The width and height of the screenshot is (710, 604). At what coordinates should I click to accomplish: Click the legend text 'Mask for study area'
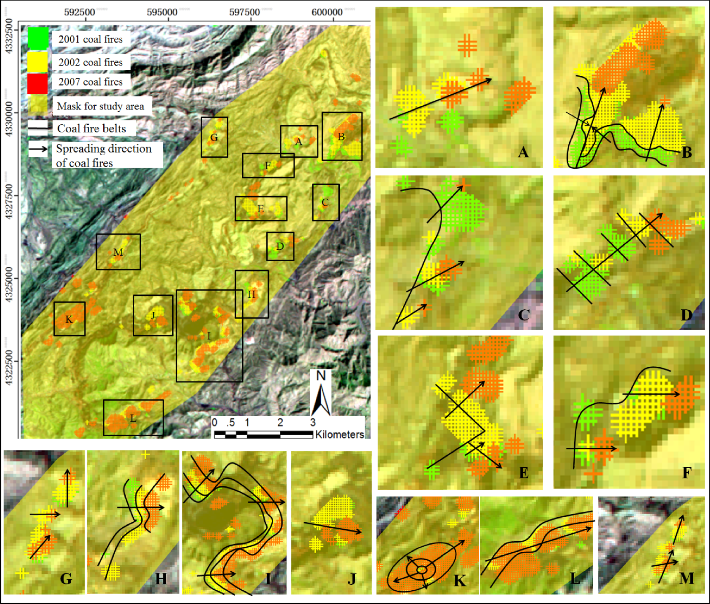[x=100, y=106]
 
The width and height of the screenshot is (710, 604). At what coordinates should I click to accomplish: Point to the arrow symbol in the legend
[x=38, y=149]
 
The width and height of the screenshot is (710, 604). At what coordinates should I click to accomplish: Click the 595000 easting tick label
[x=162, y=12]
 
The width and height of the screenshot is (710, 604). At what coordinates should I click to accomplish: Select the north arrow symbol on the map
[x=321, y=394]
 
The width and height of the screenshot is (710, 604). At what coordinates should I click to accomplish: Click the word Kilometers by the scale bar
[x=339, y=435]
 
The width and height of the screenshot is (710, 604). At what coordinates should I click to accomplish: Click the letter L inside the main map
[x=133, y=418]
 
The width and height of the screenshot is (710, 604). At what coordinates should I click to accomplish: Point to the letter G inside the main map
[x=214, y=138]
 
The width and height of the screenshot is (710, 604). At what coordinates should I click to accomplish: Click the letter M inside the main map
[x=118, y=252]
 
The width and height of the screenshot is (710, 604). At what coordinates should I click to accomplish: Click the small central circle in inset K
[x=422, y=570]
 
